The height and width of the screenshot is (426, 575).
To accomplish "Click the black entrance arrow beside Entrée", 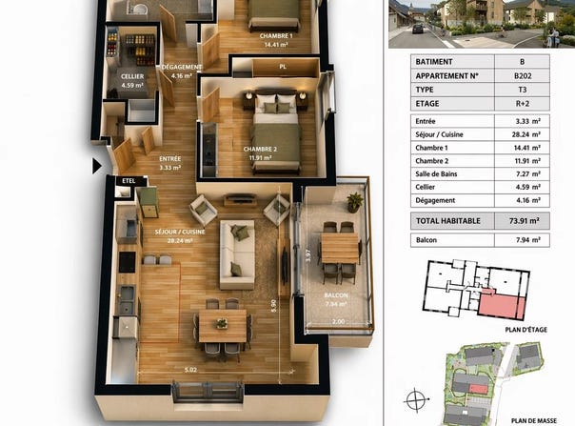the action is (x=96, y=166).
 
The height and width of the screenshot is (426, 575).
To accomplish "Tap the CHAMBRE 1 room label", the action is (x=276, y=36).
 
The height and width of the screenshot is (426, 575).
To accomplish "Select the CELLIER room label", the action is (x=132, y=76).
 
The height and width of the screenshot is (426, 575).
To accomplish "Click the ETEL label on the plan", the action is (x=129, y=181).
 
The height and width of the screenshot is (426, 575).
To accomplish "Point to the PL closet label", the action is (x=283, y=67).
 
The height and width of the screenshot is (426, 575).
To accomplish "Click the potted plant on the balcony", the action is (x=354, y=202).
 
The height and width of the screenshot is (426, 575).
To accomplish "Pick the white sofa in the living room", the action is (x=237, y=254).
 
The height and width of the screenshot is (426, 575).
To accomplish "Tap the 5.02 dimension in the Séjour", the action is (x=190, y=370).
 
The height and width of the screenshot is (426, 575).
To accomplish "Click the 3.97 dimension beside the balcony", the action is (x=308, y=255).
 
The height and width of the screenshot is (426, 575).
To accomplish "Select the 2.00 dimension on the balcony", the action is (x=339, y=321).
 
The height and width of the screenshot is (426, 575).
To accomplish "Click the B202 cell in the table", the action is (x=523, y=76).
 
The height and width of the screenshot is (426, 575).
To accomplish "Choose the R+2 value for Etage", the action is (x=523, y=104).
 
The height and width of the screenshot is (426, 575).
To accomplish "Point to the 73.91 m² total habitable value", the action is (x=524, y=221).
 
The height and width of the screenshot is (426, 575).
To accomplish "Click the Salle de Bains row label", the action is (x=436, y=174).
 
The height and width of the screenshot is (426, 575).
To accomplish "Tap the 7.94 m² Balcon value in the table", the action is (x=527, y=240).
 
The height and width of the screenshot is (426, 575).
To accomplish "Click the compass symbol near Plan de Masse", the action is (x=416, y=399).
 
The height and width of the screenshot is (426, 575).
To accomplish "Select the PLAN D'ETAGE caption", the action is (x=525, y=330).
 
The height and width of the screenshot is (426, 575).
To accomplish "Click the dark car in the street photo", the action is (x=418, y=29).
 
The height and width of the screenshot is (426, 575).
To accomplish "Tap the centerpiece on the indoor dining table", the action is (x=222, y=323).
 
